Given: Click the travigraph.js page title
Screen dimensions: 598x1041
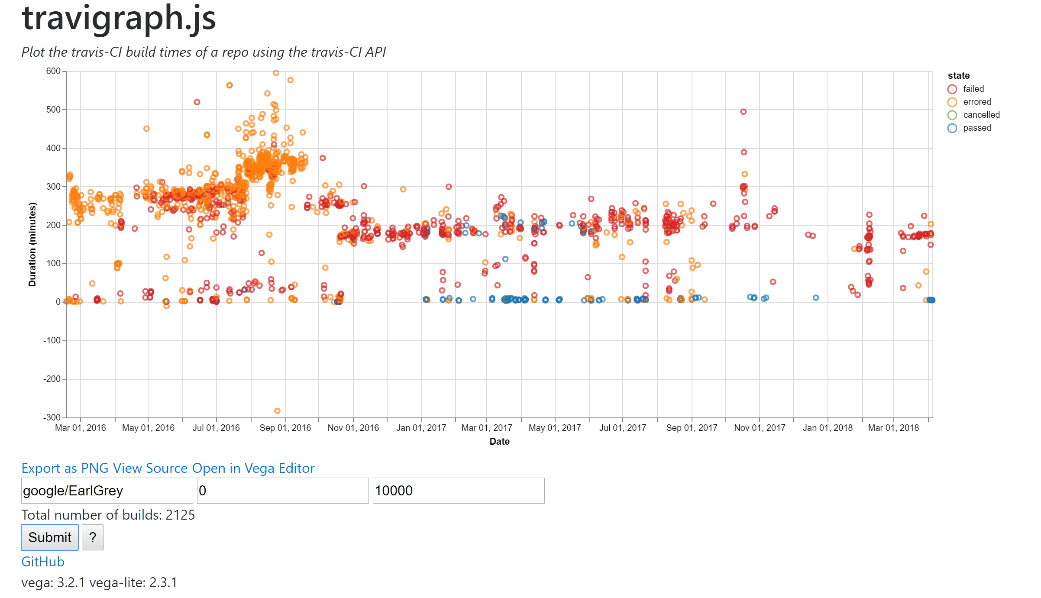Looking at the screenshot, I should (119, 18).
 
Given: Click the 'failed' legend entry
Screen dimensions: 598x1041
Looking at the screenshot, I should (973, 89).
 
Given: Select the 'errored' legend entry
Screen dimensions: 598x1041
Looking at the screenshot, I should (976, 102).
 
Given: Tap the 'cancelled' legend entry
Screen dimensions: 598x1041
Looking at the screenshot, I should (981, 115).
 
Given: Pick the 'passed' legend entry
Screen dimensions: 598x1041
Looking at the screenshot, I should (976, 128).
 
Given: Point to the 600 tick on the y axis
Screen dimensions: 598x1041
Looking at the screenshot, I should (53, 71).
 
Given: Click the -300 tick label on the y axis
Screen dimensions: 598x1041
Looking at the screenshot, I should (52, 417).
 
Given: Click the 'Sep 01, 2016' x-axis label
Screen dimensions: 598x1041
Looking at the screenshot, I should (285, 428).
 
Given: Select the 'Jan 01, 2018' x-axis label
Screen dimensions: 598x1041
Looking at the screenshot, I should (827, 428).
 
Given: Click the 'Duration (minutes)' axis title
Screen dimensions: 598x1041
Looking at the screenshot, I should (32, 245).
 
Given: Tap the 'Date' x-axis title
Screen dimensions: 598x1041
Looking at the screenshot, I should (499, 441).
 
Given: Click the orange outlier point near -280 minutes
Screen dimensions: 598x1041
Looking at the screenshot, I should (277, 411).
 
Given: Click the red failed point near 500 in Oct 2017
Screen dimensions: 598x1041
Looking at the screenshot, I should (743, 112).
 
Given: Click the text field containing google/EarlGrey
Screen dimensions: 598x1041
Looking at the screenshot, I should (107, 491).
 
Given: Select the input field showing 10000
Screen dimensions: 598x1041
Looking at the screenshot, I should (458, 491).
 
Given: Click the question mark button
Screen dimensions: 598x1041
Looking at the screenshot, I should (92, 537).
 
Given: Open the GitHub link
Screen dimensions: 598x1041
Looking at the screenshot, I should (43, 562).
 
